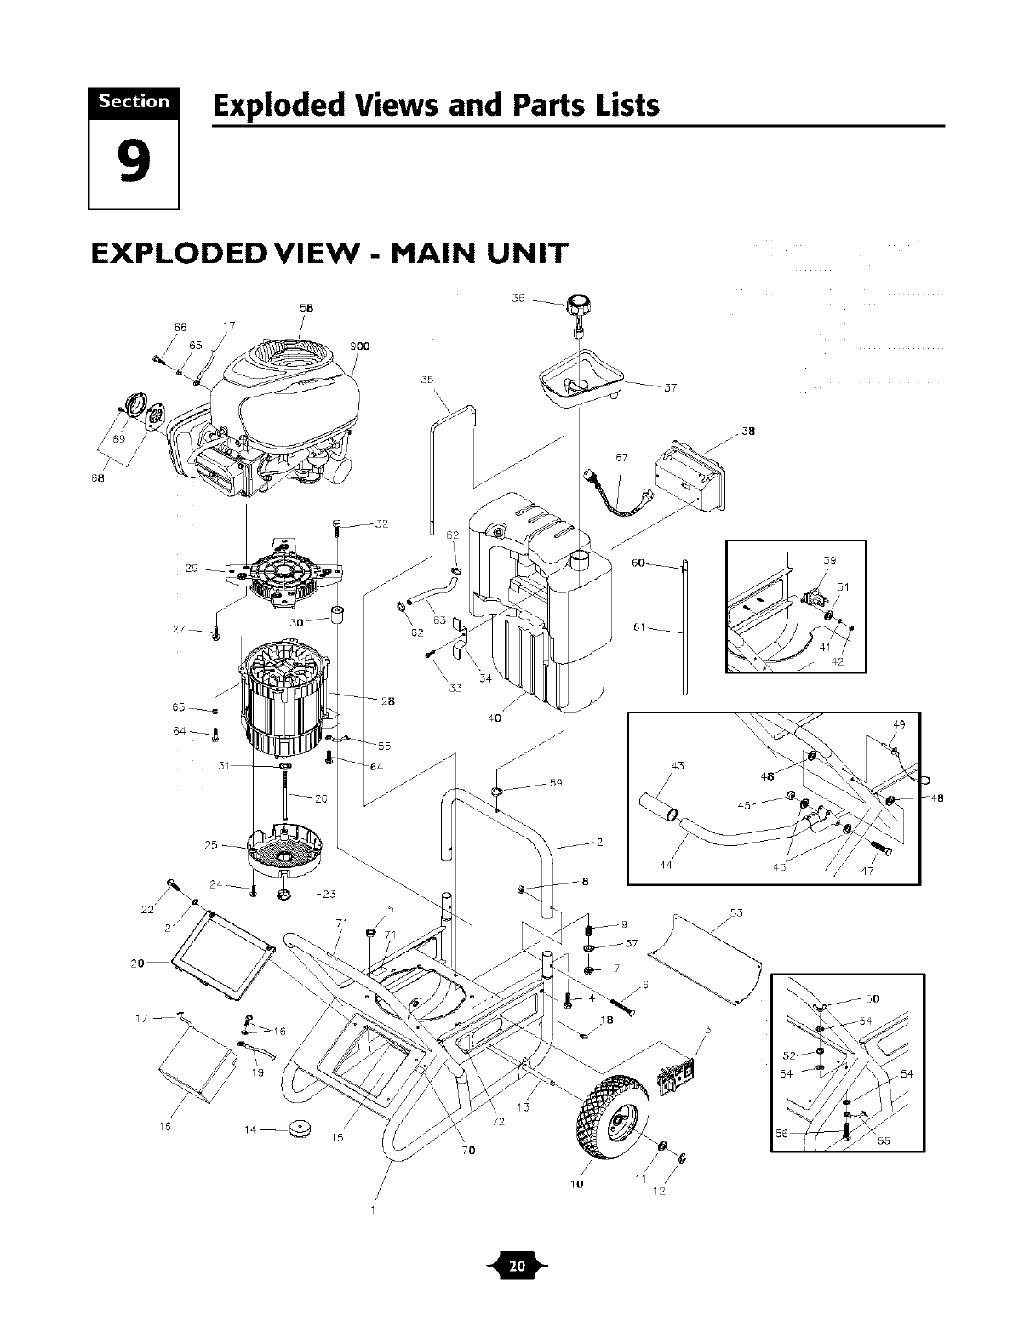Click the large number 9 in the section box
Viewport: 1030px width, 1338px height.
tap(134, 163)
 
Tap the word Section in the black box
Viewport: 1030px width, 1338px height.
tap(134, 102)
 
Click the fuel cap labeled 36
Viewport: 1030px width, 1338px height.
tap(578, 305)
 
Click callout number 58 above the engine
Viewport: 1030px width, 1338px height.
tap(305, 308)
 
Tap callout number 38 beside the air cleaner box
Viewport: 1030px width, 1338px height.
tap(748, 431)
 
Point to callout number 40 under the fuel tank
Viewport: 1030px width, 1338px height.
tap(494, 718)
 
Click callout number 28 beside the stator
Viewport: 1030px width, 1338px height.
tap(387, 701)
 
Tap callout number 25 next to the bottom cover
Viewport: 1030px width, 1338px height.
tap(212, 845)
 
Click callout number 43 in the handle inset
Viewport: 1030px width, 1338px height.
tap(678, 766)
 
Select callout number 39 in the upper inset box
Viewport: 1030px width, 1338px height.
tap(830, 560)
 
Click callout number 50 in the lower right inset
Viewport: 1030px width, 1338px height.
tap(872, 998)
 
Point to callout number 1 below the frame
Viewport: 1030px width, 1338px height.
tap(372, 1210)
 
